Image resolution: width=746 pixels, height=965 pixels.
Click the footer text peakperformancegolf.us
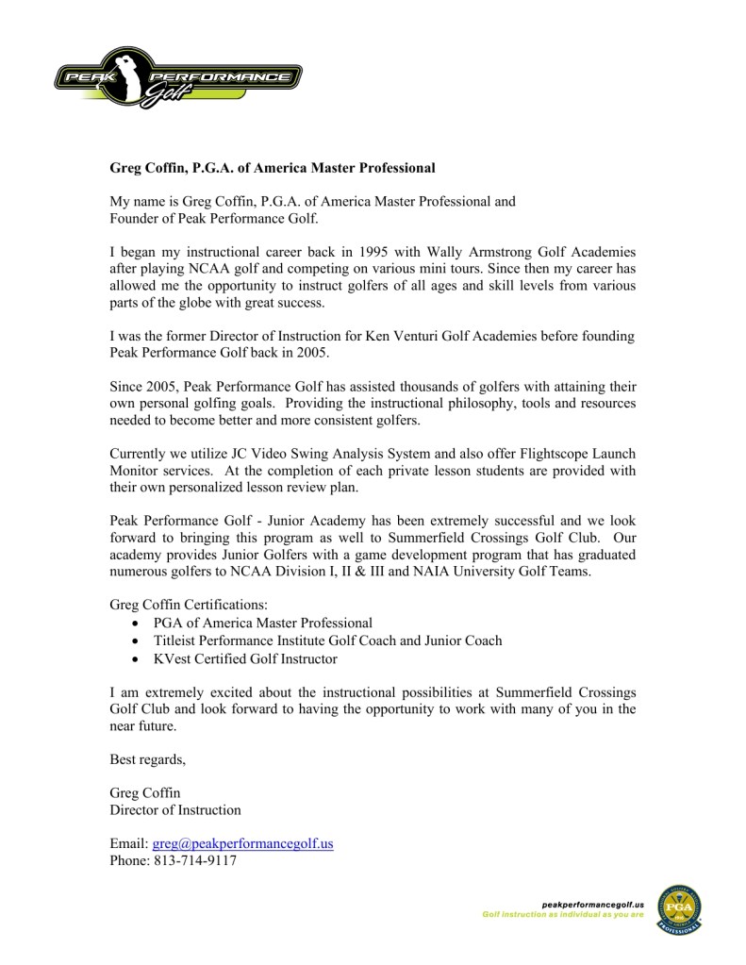coord(589,905)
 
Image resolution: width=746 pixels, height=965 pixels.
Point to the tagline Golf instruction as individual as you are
coord(563,915)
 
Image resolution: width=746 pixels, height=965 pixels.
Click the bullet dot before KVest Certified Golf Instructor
coord(138,659)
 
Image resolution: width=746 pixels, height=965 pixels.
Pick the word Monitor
coord(137,471)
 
